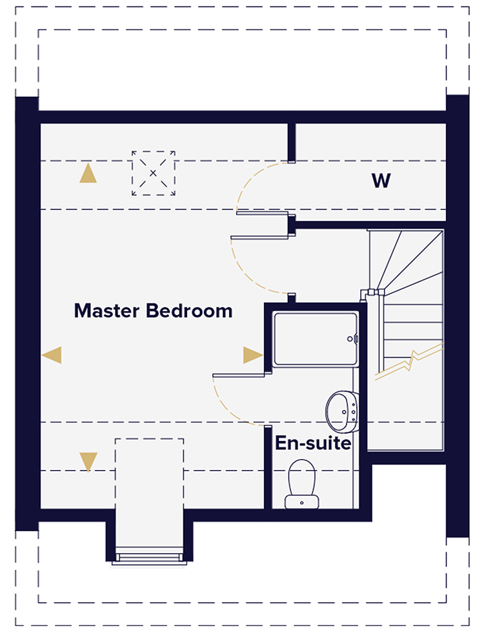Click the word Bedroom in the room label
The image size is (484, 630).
coord(188,311)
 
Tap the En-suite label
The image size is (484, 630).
coord(313,444)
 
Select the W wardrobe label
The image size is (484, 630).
coord(381,181)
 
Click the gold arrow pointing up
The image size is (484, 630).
coord(88,174)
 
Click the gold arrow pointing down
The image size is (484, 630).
coord(88,461)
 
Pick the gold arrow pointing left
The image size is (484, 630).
coord(52,354)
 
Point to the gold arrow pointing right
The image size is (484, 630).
coord(252,354)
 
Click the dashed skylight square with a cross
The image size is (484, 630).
coord(154,173)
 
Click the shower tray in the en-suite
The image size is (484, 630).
coord(314,340)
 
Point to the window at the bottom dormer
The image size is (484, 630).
coord(149,556)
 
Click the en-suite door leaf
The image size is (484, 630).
coord(240,374)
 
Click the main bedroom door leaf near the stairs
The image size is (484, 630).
coord(258,236)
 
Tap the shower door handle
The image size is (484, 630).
coord(354,338)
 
